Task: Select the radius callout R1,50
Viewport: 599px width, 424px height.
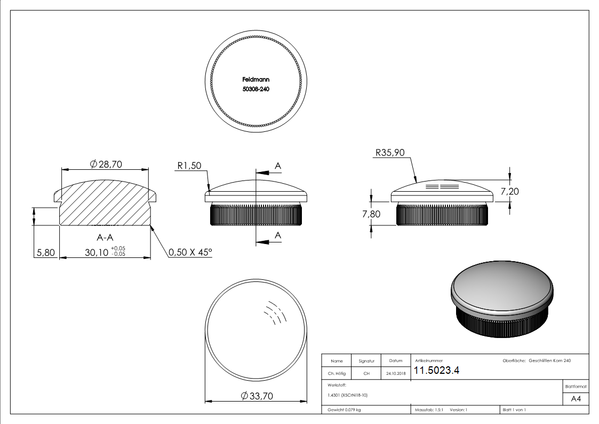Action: point(189,166)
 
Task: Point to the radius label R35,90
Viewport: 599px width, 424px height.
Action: point(390,153)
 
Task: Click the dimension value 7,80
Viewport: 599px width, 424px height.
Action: point(372,214)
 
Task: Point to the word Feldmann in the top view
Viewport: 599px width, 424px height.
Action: point(255,79)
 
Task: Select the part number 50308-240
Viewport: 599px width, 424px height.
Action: point(255,89)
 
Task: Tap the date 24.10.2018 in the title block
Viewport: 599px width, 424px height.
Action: point(395,374)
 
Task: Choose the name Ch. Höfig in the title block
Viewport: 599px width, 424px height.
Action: point(337,374)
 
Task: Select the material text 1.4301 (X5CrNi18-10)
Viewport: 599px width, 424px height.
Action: point(347,396)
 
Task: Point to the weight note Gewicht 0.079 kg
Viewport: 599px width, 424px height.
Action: point(345,410)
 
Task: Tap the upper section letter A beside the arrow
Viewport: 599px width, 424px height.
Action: point(277,167)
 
